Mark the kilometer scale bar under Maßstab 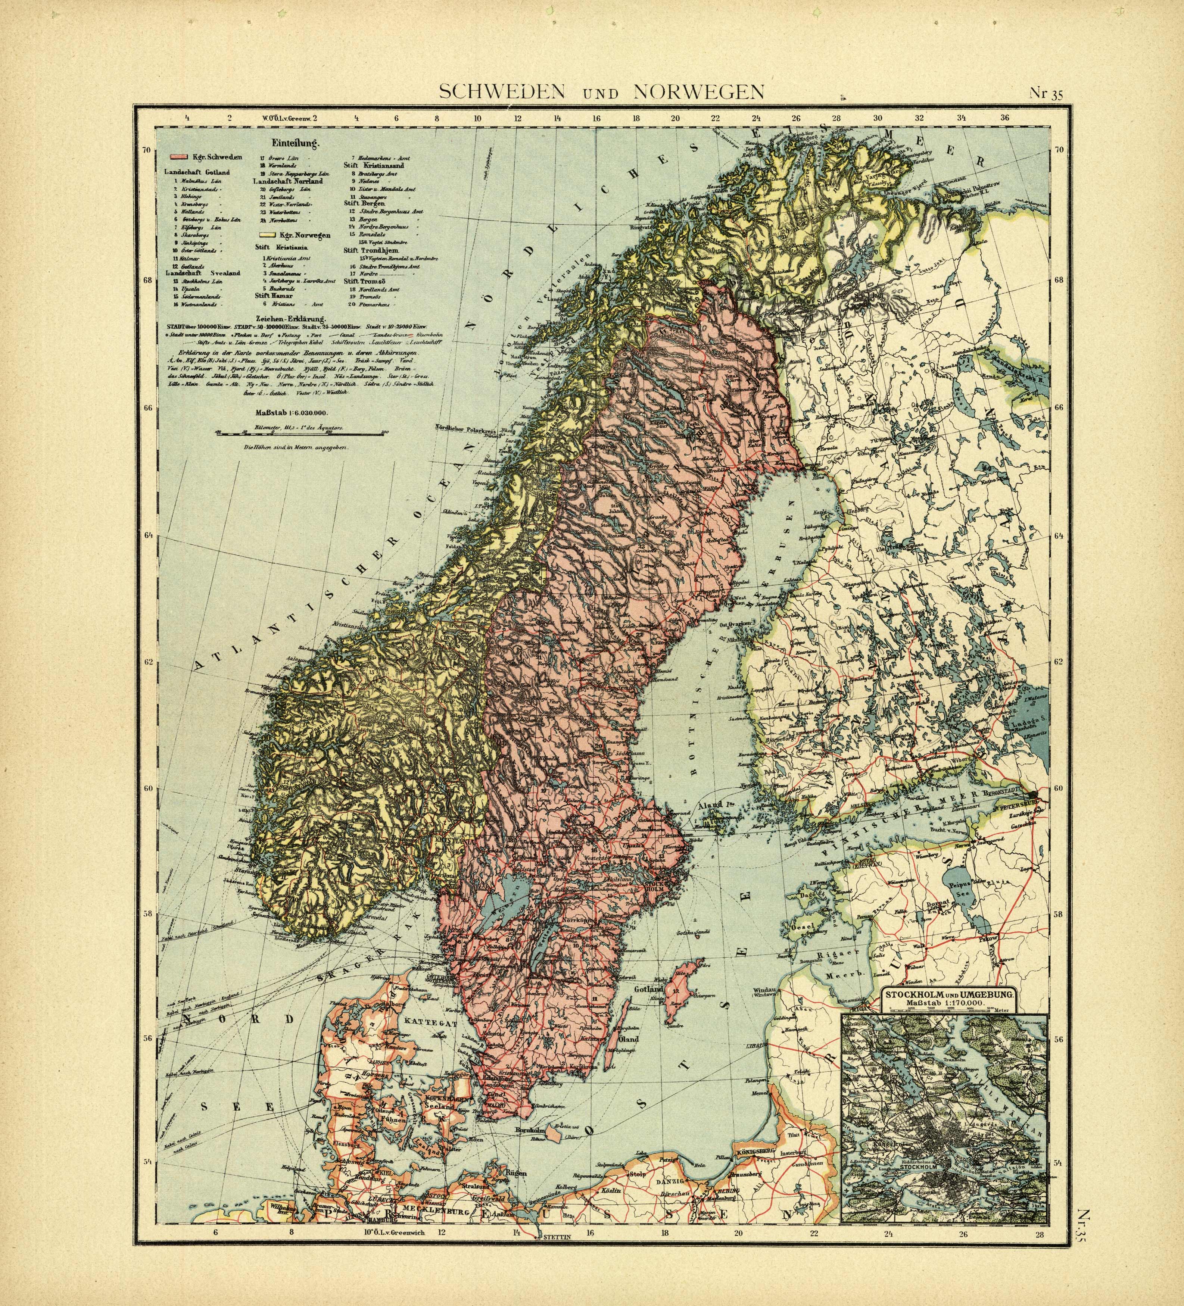pos(301,431)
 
